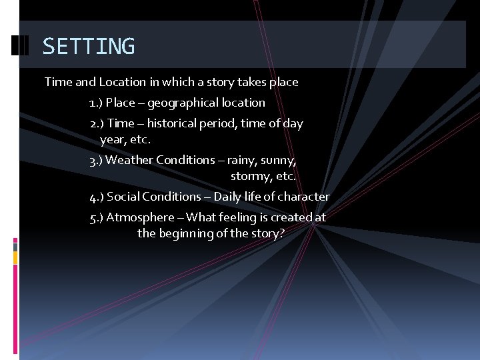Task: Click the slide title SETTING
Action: click(x=89, y=47)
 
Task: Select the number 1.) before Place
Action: click(x=95, y=103)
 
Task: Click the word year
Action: click(x=113, y=140)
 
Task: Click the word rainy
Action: click(x=241, y=160)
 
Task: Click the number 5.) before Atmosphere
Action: click(x=96, y=217)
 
